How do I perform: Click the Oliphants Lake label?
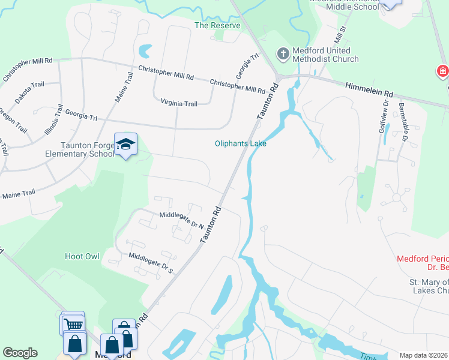(x=241, y=143)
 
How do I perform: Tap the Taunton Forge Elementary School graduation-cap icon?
(x=125, y=144)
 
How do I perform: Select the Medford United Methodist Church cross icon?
(x=283, y=54)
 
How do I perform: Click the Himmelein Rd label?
(x=369, y=91)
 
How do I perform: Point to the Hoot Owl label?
(x=82, y=256)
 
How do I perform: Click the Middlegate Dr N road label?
(x=181, y=220)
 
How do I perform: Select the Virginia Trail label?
(x=179, y=104)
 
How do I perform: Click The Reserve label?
(x=217, y=26)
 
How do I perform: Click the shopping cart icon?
(x=73, y=324)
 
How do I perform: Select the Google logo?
(x=20, y=353)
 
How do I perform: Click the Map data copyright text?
(x=424, y=355)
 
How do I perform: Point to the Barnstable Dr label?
(x=403, y=124)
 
